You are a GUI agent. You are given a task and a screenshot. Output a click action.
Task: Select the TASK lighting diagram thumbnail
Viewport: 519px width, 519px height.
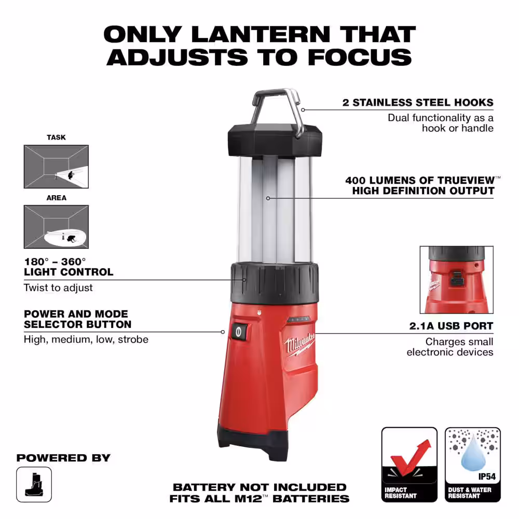[x=56, y=167]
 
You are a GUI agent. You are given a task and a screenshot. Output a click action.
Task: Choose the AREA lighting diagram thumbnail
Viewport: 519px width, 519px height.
[x=56, y=227]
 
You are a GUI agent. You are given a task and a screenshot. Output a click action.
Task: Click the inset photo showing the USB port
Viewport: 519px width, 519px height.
[x=456, y=280]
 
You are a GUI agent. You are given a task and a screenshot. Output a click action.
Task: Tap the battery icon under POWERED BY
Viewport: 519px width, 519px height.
[x=34, y=484]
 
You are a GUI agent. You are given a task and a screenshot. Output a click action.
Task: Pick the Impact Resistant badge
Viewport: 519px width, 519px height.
[x=409, y=465]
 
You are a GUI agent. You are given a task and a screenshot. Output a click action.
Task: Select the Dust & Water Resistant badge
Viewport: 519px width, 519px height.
[x=473, y=465]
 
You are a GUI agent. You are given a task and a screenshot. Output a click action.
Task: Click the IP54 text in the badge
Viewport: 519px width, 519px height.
[x=487, y=476]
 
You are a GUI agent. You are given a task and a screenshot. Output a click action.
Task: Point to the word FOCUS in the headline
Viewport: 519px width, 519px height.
[x=360, y=57]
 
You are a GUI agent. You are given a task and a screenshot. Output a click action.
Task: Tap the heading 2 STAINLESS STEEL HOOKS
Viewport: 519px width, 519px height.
[x=418, y=103]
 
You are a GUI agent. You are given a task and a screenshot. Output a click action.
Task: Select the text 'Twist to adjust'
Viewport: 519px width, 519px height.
[x=58, y=288]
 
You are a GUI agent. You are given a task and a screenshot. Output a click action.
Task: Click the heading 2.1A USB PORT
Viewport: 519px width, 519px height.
[x=451, y=326]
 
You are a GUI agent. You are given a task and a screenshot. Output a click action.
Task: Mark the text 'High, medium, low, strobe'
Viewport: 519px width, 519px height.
[x=86, y=339]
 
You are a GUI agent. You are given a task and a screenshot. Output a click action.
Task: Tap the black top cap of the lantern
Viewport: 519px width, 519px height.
[x=275, y=140]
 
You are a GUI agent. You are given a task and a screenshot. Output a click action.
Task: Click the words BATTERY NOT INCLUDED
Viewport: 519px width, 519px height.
[x=259, y=487]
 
